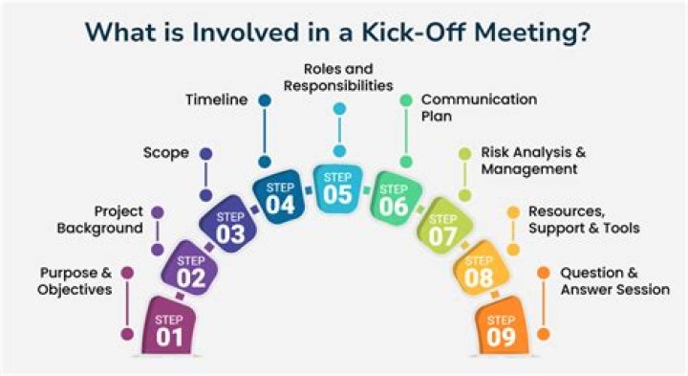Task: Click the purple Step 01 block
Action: coord(166,328)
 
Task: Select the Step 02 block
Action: coord(191,271)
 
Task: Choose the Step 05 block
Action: coord(337,186)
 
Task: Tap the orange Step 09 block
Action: coord(501,327)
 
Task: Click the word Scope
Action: coord(164,152)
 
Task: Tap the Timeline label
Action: coord(217,99)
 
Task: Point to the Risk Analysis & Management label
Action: coord(528,161)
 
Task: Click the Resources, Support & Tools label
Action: coord(584,219)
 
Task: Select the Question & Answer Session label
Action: coord(614,280)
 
